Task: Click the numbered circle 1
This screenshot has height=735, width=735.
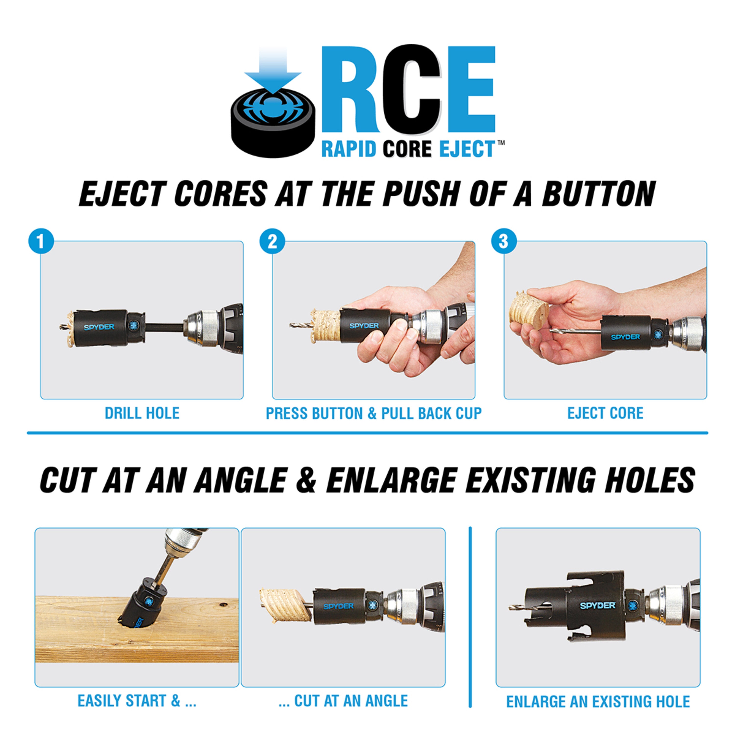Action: pyautogui.click(x=41, y=241)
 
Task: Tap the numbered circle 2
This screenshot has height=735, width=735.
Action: pyautogui.click(x=272, y=241)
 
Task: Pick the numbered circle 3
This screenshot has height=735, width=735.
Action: pyautogui.click(x=504, y=241)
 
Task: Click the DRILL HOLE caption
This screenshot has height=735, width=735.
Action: pyautogui.click(x=142, y=413)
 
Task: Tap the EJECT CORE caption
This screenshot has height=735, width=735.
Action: pyautogui.click(x=605, y=413)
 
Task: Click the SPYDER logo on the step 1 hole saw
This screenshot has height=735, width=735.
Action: pyautogui.click(x=99, y=327)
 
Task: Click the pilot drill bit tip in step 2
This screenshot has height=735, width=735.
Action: pyautogui.click(x=293, y=326)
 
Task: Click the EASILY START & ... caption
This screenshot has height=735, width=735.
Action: pyautogui.click(x=137, y=701)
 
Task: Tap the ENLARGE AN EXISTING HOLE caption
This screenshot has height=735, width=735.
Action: pyautogui.click(x=598, y=701)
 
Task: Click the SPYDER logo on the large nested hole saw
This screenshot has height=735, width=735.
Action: pyautogui.click(x=597, y=605)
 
